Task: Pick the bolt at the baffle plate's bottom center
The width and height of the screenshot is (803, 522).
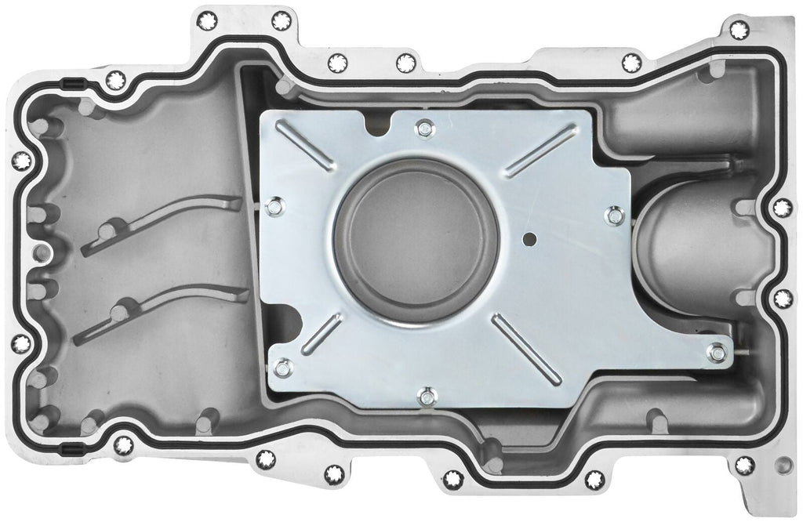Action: click(x=427, y=397)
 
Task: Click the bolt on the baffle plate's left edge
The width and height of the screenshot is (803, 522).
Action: click(x=274, y=206)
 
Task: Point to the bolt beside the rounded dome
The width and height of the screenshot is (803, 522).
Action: click(x=616, y=215)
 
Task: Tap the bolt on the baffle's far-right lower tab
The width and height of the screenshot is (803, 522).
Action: click(x=715, y=352)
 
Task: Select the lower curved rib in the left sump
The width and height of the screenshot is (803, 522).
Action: click(x=165, y=311)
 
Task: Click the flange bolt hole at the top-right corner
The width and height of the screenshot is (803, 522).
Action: click(x=739, y=31)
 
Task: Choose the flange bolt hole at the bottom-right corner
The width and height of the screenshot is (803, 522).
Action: click(x=744, y=466)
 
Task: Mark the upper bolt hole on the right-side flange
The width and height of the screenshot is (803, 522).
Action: click(x=782, y=208)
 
